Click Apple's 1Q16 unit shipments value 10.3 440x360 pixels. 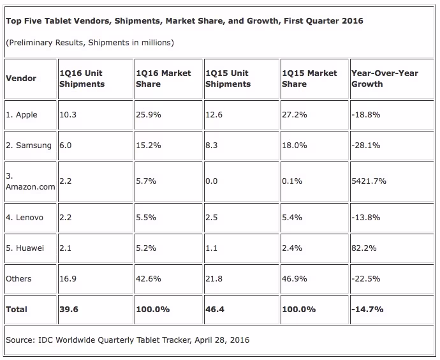pos(68,114)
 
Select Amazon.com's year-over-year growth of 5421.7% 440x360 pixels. pos(369,181)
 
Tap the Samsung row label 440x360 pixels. pos(29,146)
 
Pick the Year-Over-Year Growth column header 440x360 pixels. pos(385,79)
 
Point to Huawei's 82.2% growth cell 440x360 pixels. pos(363,248)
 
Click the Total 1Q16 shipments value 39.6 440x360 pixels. pos(69,309)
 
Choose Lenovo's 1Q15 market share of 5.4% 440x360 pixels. pos(292,218)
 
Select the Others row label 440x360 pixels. pos(18,278)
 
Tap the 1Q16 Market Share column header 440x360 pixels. pos(163,79)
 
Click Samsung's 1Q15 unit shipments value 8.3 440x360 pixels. pos(211,145)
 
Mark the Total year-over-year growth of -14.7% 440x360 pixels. pos(367,309)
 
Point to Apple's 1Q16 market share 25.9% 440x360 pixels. pos(149,114)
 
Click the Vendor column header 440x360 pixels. pos(21,79)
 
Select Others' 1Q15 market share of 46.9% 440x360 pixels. pos(295,278)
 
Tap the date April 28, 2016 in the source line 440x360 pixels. pos(222,340)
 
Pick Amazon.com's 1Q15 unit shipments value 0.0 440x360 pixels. pos(211,181)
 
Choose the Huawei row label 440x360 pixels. pos(25,248)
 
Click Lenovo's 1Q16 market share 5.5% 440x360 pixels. pos(146,218)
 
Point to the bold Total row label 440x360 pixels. pos(17,309)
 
